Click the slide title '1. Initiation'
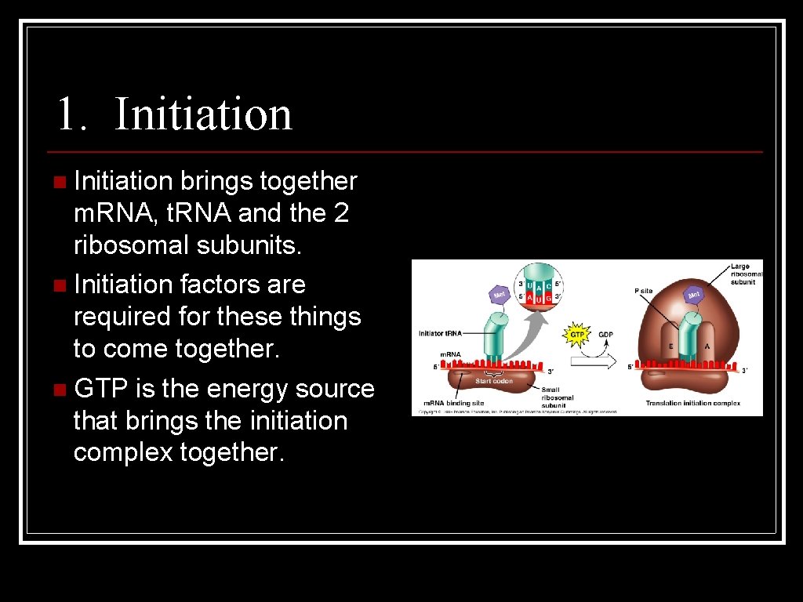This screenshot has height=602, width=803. click(174, 114)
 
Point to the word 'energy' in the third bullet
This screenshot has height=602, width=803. click(255, 389)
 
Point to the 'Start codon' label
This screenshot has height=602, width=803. click(493, 381)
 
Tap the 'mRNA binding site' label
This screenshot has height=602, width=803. click(450, 403)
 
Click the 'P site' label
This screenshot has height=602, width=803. click(643, 290)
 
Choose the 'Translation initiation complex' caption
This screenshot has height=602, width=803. click(693, 403)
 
